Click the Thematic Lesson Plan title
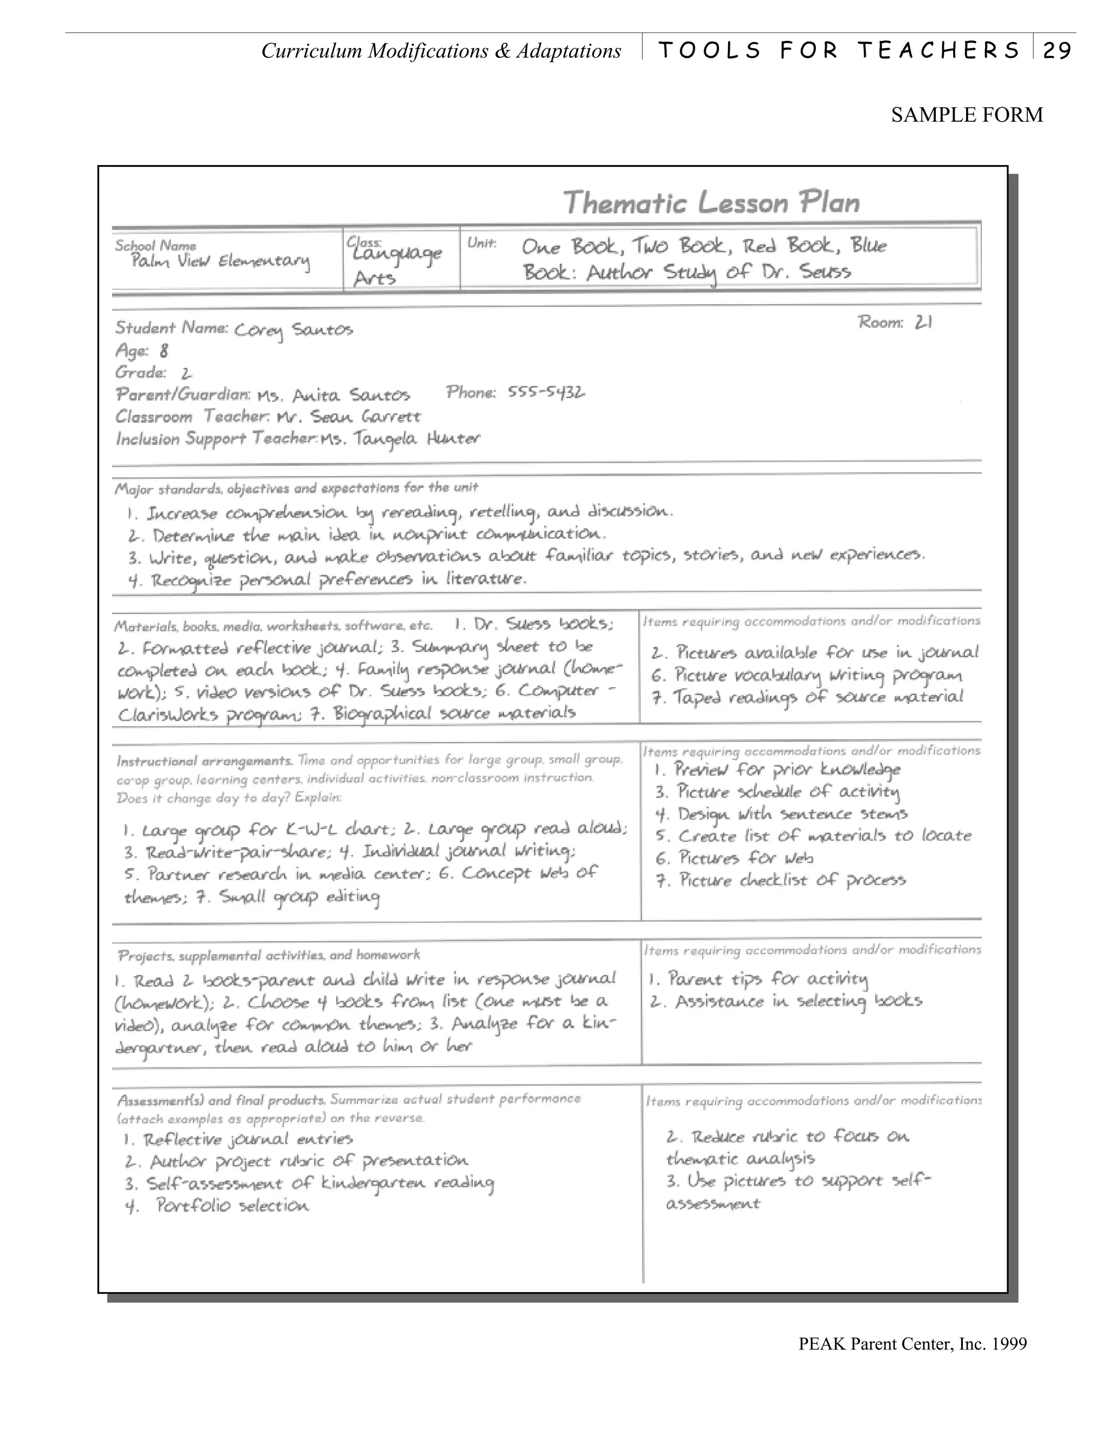point(712,202)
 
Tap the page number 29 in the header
point(1057,50)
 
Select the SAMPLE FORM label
point(967,115)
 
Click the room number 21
point(923,322)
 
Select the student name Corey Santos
point(293,330)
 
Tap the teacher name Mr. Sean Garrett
point(348,416)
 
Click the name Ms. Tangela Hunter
point(400,439)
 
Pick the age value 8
point(164,351)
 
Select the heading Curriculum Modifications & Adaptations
point(441,50)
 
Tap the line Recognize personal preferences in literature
point(328,580)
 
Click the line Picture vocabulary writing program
point(807,675)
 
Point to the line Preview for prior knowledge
point(778,769)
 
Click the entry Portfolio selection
point(218,1206)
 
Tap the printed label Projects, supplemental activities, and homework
point(268,955)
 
